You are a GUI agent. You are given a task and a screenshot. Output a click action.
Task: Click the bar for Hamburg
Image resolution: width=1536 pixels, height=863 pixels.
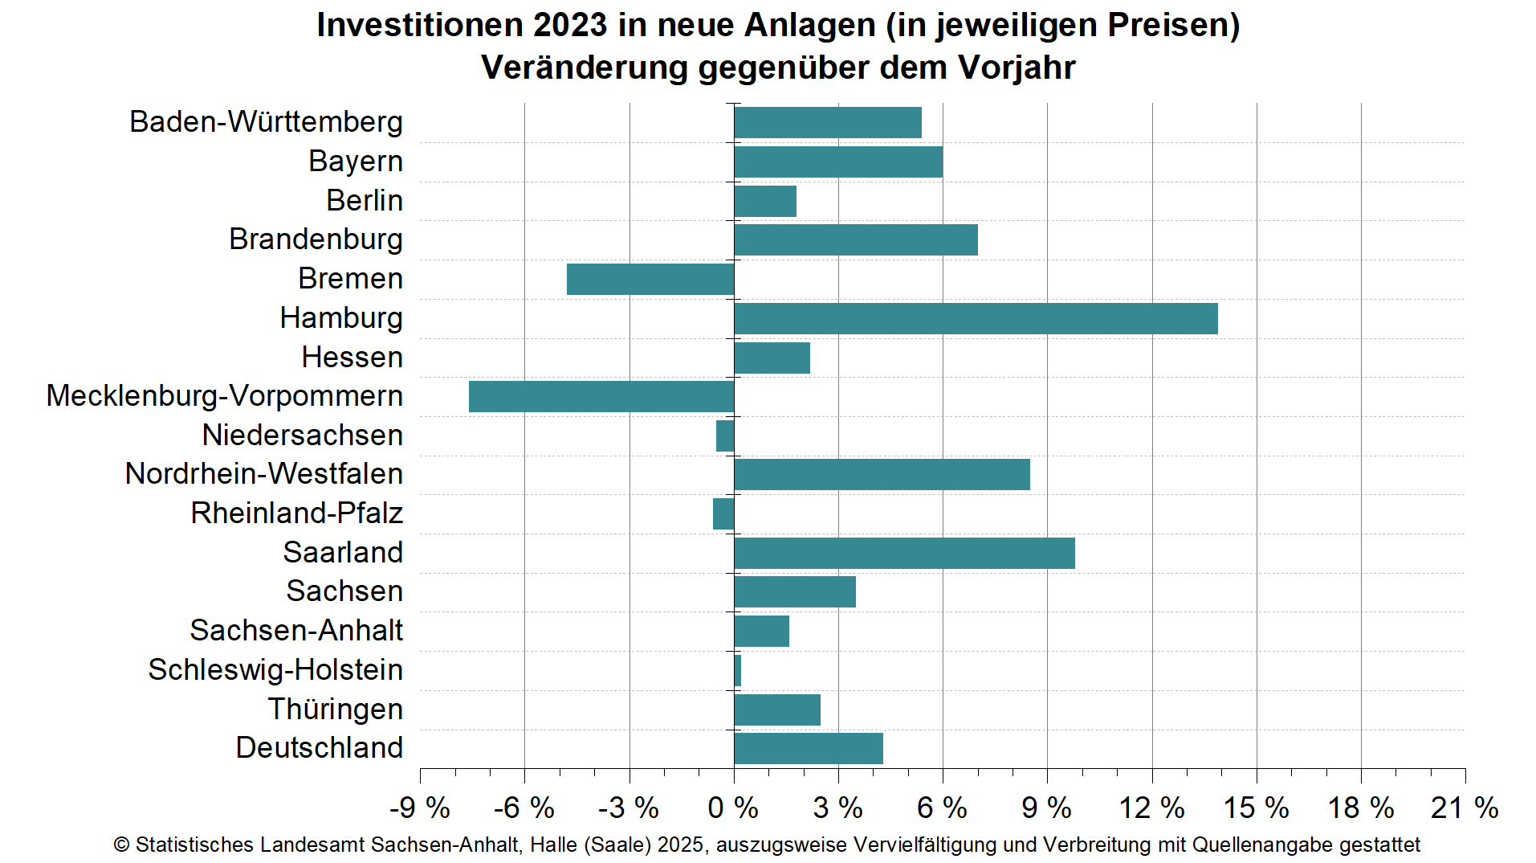coord(975,318)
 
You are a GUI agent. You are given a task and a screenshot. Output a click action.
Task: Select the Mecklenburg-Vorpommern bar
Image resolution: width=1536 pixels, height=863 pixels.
coord(601,396)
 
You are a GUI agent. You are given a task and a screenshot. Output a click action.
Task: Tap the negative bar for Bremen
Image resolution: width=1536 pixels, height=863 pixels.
coord(650,279)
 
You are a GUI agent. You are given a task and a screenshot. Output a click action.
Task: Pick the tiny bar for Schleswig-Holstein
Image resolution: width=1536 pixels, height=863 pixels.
coord(737,670)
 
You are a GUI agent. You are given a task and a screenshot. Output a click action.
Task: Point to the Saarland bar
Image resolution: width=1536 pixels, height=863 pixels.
coord(904,553)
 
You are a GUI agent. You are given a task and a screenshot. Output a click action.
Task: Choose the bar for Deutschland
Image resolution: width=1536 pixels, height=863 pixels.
coord(808,748)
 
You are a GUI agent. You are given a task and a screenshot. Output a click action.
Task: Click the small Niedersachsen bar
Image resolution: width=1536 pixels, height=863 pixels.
coord(725,436)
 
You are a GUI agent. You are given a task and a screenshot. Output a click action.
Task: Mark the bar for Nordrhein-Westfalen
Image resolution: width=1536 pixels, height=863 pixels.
coord(882,474)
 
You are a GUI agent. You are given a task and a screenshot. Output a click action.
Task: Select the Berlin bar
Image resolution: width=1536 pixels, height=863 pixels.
coord(764,201)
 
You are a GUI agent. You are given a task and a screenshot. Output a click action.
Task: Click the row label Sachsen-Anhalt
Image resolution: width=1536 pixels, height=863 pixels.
coord(296,631)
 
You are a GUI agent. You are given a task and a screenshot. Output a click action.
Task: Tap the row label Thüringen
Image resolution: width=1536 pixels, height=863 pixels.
coord(335,710)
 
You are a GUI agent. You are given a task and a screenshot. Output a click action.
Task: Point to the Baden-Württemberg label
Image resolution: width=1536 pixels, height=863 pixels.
coord(266,122)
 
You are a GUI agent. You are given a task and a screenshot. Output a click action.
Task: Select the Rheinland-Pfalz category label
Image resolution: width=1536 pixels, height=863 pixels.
coord(296,513)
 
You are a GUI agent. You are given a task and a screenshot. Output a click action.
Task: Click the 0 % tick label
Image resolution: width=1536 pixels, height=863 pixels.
coord(732,808)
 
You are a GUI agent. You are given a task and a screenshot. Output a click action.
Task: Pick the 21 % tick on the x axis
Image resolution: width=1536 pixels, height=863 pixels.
coord(1464,808)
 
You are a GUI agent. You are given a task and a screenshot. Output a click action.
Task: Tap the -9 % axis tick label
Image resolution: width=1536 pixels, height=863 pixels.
coord(419,808)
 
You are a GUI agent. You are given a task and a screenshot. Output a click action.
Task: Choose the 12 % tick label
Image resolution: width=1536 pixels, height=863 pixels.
coord(1151,808)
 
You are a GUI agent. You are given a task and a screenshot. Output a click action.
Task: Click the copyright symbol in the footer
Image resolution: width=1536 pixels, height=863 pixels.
coord(121,845)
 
